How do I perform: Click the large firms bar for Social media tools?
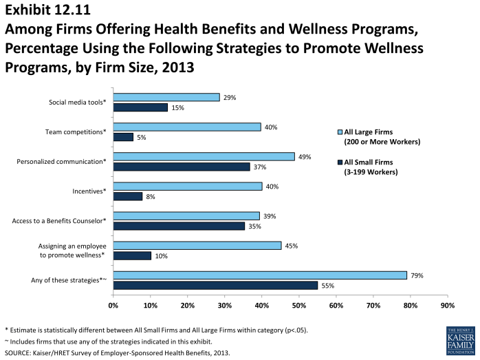pos(166,98)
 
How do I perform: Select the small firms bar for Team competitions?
pos(123,137)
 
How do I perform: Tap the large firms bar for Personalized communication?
pos(204,157)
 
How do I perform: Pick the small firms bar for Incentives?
pos(128,196)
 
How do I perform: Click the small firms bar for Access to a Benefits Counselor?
pos(179,226)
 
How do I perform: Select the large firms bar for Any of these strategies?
pos(260,275)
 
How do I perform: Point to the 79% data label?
pos(417,275)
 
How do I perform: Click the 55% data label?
pos(328,285)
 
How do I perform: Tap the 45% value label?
pos(291,246)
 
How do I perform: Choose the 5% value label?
pos(142,137)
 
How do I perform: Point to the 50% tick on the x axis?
pos(298,304)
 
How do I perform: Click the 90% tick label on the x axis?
pos(447,304)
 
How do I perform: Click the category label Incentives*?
pos(89,191)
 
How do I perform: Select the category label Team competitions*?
pos(76,131)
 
